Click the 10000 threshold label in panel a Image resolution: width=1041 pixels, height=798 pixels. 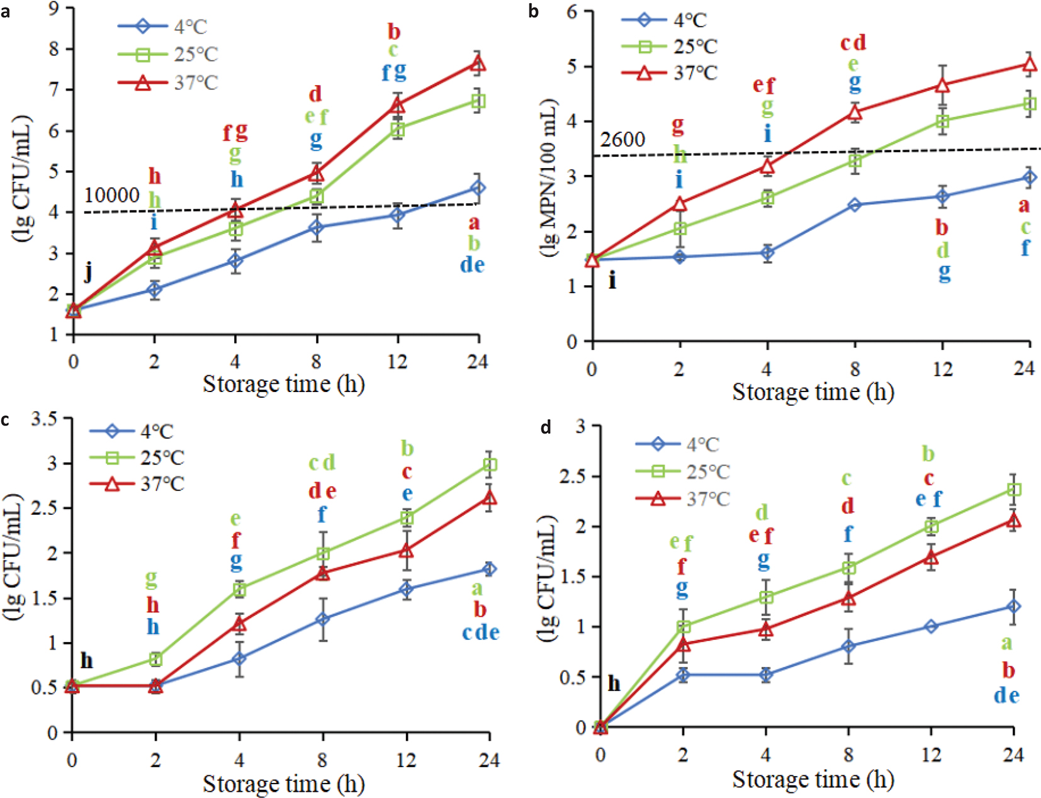point(112,195)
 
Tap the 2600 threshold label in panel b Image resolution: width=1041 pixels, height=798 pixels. point(622,139)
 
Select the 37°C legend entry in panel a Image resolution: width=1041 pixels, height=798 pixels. point(168,82)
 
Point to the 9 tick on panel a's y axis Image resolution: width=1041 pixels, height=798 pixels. point(53,9)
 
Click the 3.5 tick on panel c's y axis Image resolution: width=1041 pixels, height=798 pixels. point(44,419)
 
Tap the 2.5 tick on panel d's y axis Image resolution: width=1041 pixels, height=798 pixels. point(572,476)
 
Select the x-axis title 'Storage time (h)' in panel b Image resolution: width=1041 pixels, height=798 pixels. point(813,392)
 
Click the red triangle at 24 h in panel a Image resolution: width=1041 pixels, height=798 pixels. point(478,64)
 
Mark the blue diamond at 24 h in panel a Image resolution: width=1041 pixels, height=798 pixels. point(478,188)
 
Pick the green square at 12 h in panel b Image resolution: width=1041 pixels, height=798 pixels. point(942,122)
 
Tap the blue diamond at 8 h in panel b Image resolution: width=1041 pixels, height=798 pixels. point(855,205)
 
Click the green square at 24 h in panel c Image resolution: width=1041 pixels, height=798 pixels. point(490,465)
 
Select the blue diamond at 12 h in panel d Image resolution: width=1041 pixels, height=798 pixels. point(931,626)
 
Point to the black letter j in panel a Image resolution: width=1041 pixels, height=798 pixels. point(89,272)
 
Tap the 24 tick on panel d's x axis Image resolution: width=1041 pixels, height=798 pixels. point(1013,754)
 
